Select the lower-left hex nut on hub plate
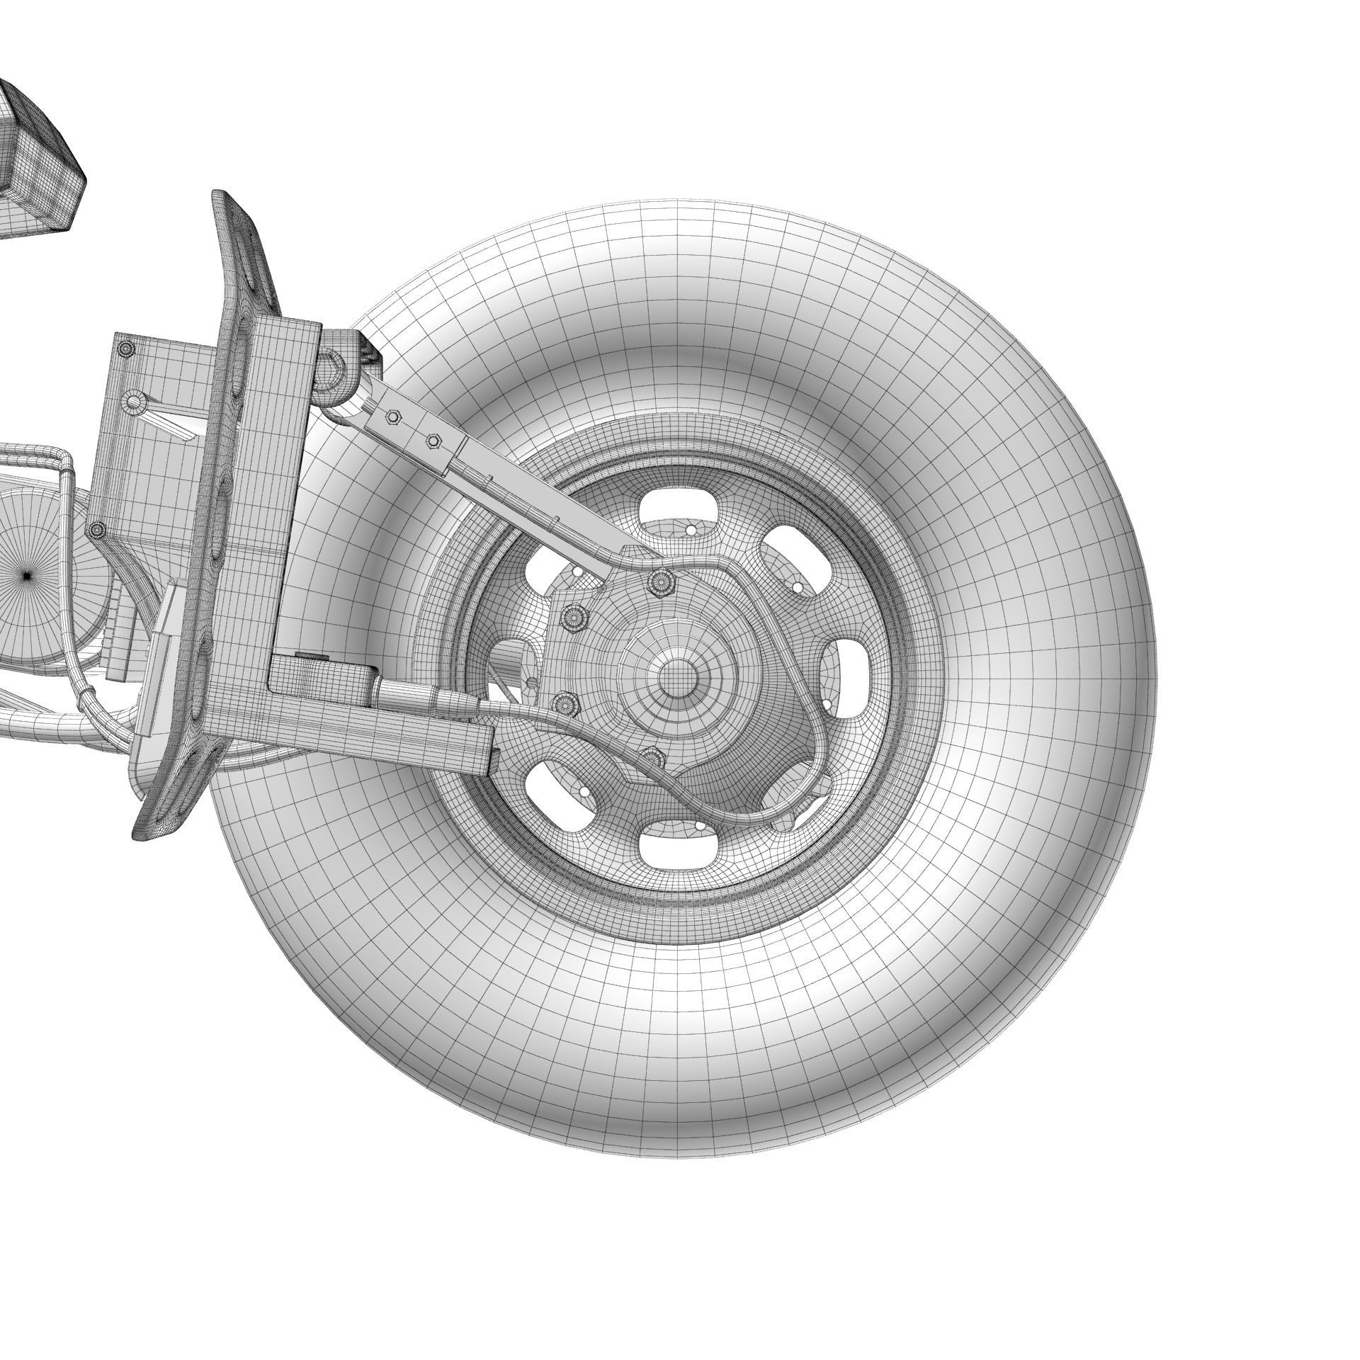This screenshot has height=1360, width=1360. tap(565, 703)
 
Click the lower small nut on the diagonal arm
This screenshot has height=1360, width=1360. tap(433, 441)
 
